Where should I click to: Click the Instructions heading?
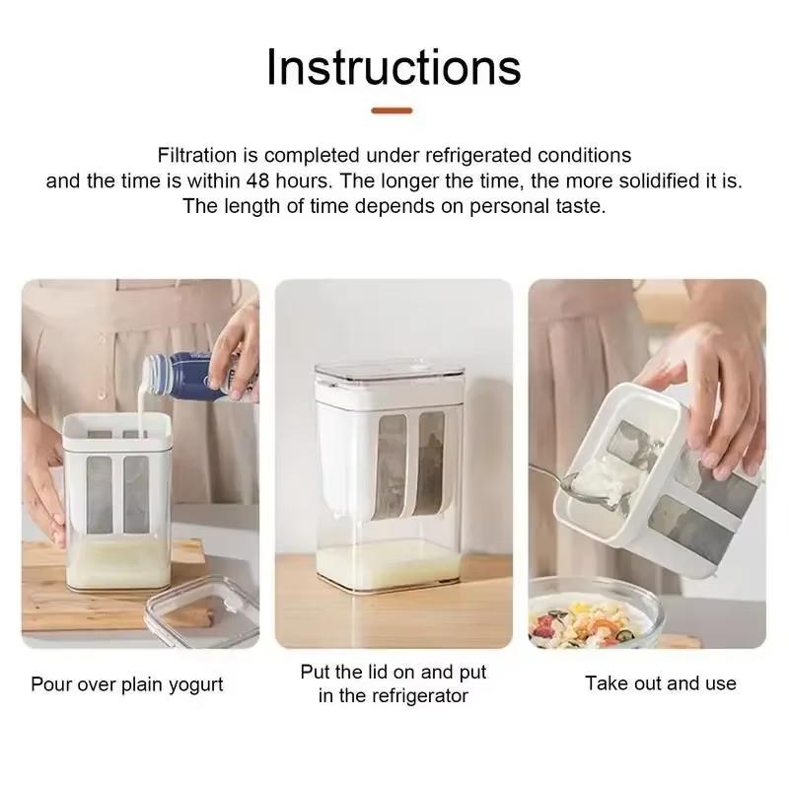point(394,67)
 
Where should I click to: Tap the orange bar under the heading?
point(394,111)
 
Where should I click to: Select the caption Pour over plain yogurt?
point(127,684)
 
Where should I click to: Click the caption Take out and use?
point(661,682)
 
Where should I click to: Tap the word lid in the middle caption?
point(371,673)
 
